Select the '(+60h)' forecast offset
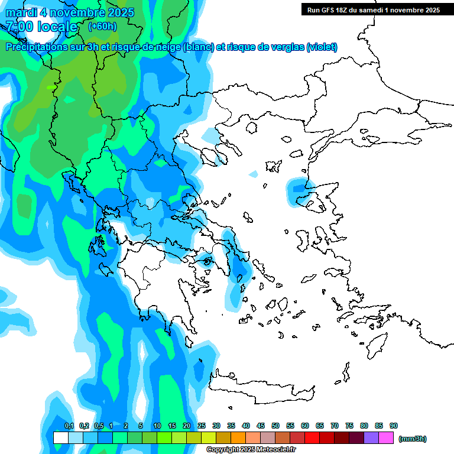point(102,27)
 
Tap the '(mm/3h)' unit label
point(412,439)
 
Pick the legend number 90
point(393,426)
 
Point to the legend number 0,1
point(69,426)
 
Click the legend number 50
point(275,426)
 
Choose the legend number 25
point(202,426)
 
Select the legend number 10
point(157,426)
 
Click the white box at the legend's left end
point(61,437)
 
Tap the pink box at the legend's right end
point(386,437)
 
